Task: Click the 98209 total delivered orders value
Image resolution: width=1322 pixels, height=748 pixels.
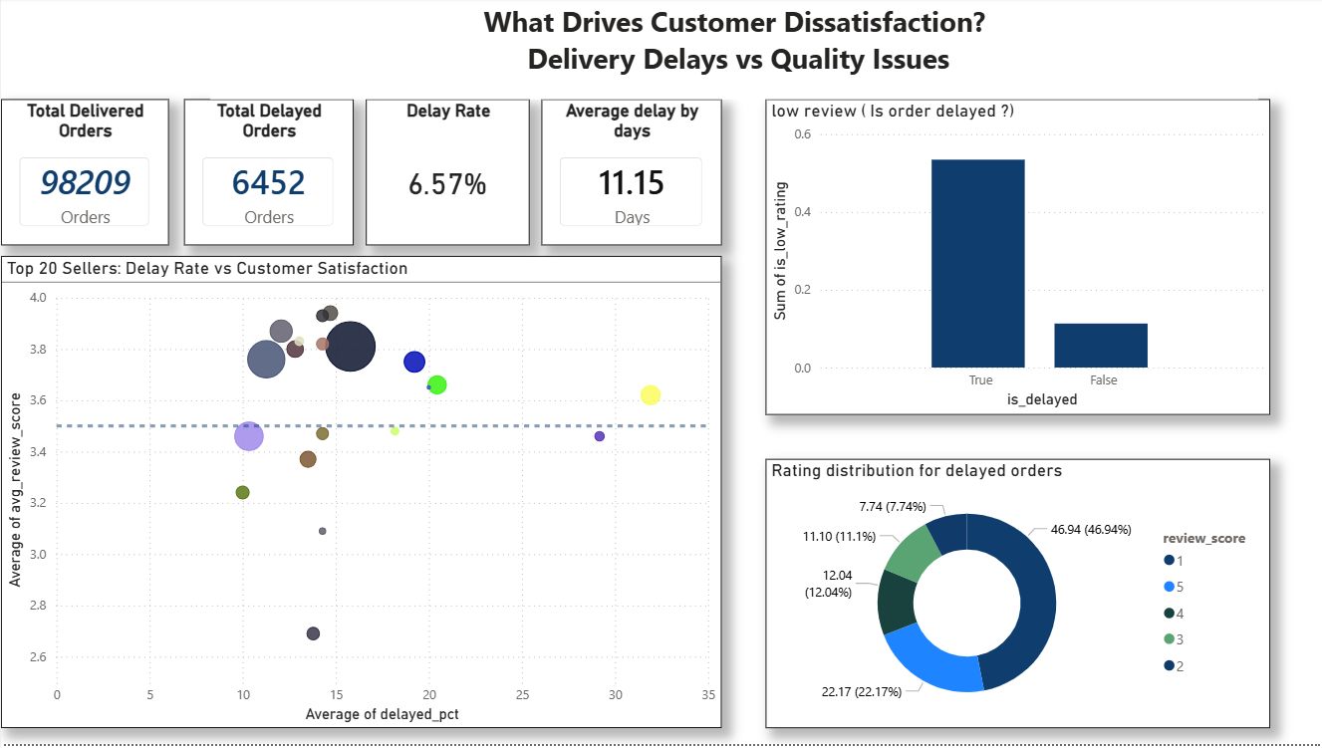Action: click(85, 182)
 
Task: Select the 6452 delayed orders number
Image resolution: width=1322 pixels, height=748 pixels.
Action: click(268, 182)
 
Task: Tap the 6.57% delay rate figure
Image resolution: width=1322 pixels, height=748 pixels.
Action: click(447, 183)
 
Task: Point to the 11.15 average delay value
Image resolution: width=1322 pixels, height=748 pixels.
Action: click(631, 182)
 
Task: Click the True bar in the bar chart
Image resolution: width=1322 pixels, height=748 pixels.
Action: click(977, 264)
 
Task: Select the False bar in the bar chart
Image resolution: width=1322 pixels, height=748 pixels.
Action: click(1101, 346)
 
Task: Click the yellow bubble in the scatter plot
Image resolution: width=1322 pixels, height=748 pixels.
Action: click(651, 395)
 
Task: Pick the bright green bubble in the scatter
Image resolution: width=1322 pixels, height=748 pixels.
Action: click(436, 384)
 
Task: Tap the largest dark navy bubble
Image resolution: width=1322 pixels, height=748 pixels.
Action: click(351, 348)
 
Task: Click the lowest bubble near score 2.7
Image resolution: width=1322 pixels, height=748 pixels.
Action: click(313, 633)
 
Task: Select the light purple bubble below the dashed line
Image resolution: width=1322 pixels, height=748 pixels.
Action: click(249, 435)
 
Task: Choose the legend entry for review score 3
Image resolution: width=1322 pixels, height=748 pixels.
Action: click(1180, 639)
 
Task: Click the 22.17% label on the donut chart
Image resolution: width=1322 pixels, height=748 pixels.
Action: click(862, 691)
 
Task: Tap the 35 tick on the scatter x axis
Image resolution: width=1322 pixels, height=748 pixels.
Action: click(708, 694)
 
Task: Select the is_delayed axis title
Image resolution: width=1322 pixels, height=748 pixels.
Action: click(1042, 399)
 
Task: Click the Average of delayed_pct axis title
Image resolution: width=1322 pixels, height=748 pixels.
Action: click(383, 714)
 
